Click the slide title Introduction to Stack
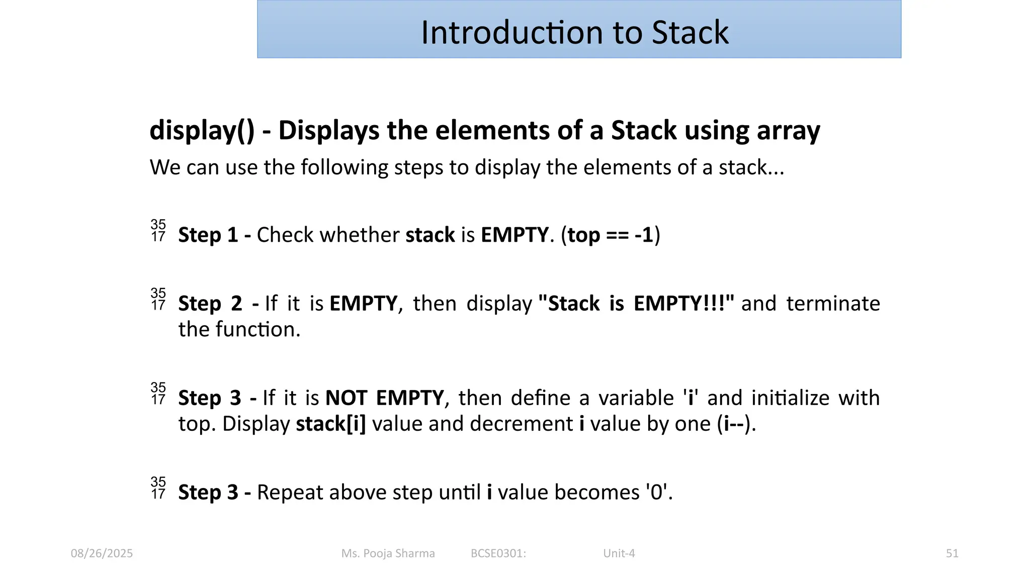click(x=574, y=33)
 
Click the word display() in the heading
click(x=202, y=131)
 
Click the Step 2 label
click(x=210, y=304)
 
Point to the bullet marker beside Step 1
click(x=158, y=231)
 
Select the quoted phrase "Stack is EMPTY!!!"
click(x=636, y=304)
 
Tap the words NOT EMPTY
click(x=385, y=398)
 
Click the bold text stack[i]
click(x=330, y=424)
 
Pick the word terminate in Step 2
click(x=833, y=304)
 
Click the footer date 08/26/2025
click(x=102, y=553)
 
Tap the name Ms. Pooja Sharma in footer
click(x=388, y=553)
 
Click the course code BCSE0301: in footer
click(x=498, y=553)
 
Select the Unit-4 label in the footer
click(x=619, y=553)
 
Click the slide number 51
click(x=952, y=553)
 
